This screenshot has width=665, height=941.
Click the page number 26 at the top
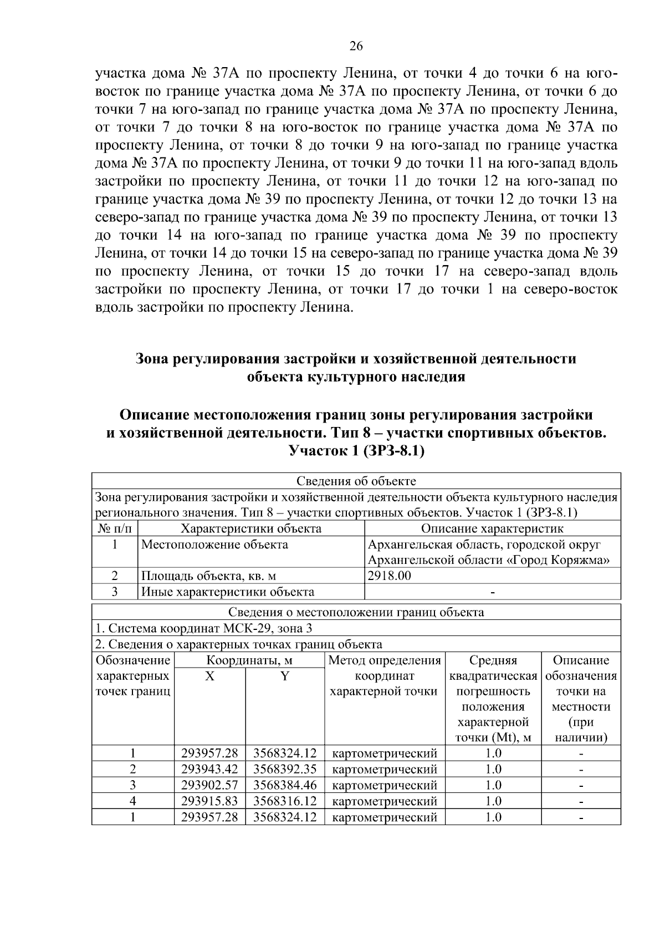356,47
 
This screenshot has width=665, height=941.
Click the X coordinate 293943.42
209,769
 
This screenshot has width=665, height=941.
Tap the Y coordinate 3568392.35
285,769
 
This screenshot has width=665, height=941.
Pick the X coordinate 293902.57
209,785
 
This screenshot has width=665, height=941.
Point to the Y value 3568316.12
285,801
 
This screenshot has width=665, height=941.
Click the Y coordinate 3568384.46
285,785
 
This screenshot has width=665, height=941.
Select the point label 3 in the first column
133,785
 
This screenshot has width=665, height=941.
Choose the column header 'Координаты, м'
249,660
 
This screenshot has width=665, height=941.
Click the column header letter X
209,676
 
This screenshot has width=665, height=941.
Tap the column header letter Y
284,676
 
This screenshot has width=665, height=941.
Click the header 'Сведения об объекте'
356,481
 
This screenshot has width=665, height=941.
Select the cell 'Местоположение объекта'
215,545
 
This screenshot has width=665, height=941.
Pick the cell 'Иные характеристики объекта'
228,592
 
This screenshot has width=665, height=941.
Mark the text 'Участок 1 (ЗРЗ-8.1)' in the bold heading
356,451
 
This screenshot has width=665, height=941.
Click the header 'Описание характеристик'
492,528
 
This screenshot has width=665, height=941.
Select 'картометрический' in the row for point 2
385,769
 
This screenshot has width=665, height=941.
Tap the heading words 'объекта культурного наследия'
356,378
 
